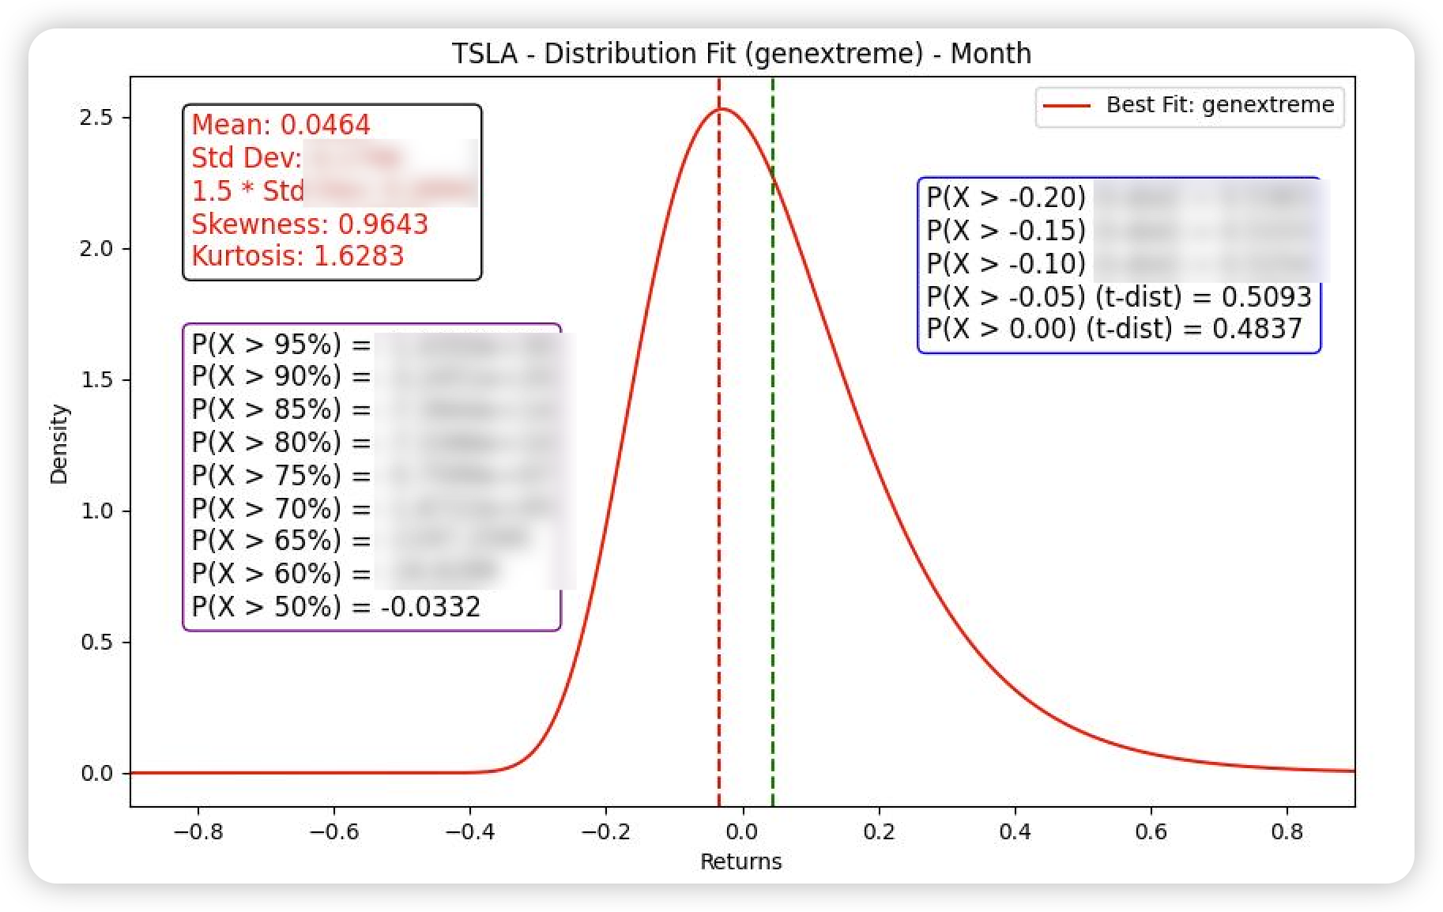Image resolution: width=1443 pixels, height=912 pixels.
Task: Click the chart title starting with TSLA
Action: pyautogui.click(x=740, y=54)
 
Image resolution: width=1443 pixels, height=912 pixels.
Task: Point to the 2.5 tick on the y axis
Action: pyautogui.click(x=96, y=118)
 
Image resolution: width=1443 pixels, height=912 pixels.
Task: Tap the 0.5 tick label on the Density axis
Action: pyautogui.click(x=96, y=643)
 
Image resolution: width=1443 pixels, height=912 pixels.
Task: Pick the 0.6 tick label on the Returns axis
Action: pyautogui.click(x=1151, y=831)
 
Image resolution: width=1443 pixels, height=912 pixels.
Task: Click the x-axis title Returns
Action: pyautogui.click(x=740, y=861)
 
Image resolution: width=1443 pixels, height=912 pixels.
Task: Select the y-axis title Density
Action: pyautogui.click(x=59, y=444)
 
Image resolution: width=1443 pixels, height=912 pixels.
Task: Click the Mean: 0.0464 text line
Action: pyautogui.click(x=281, y=125)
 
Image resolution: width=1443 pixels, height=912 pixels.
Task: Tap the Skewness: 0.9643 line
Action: pyautogui.click(x=310, y=224)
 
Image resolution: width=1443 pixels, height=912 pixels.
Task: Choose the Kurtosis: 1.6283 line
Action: pyautogui.click(x=297, y=256)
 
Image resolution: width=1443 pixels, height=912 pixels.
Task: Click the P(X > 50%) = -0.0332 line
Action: pyautogui.click(x=336, y=607)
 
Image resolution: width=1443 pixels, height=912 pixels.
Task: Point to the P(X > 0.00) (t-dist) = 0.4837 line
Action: pyautogui.click(x=1113, y=328)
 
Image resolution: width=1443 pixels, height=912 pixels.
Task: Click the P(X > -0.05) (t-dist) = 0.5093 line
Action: pyautogui.click(x=1118, y=296)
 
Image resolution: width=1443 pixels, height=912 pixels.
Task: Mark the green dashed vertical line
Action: pyautogui.click(x=772, y=474)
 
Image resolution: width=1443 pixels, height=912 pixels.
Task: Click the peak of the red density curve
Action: pyautogui.click(x=721, y=109)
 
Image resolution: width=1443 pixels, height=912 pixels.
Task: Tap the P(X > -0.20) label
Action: pyautogui.click(x=1005, y=198)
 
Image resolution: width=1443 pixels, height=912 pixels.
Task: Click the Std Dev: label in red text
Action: pyautogui.click(x=246, y=158)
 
